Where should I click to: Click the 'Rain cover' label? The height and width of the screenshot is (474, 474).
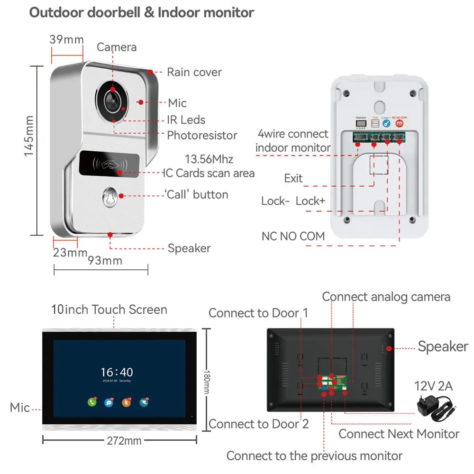(x=194, y=72)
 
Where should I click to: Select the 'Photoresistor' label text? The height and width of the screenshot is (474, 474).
(x=202, y=135)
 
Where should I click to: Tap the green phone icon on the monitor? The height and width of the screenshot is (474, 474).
(x=92, y=402)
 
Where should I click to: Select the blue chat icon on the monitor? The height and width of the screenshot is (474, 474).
(x=109, y=402)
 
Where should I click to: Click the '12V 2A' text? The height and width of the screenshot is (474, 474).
(x=434, y=386)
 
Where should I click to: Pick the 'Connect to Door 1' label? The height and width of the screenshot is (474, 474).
(x=258, y=313)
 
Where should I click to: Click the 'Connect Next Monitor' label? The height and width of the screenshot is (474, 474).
(x=399, y=434)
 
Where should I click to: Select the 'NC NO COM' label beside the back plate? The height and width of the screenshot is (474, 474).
(x=293, y=236)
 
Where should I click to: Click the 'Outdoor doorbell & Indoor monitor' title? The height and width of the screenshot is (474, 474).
(x=142, y=12)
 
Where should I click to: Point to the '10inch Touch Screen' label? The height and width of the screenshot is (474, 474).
(x=109, y=310)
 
